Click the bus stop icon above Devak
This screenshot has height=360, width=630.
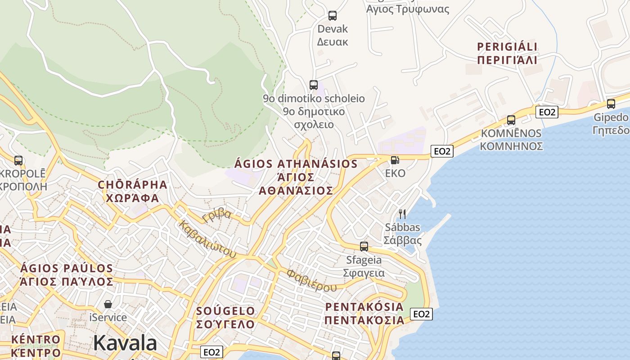point(333,16)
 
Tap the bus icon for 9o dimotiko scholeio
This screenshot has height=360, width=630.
point(314,85)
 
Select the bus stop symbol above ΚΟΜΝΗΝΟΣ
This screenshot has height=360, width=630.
point(511,120)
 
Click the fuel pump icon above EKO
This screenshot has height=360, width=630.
point(395,160)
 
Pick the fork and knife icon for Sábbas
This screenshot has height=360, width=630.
point(402,214)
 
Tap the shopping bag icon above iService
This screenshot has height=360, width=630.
point(108,304)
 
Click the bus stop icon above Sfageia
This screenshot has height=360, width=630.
point(364,247)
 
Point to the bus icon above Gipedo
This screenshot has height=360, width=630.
point(611,104)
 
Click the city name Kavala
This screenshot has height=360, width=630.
point(125,343)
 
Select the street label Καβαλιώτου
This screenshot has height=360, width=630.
point(207,239)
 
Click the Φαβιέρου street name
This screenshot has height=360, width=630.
point(311,281)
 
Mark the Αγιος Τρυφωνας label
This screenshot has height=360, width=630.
point(408,9)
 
